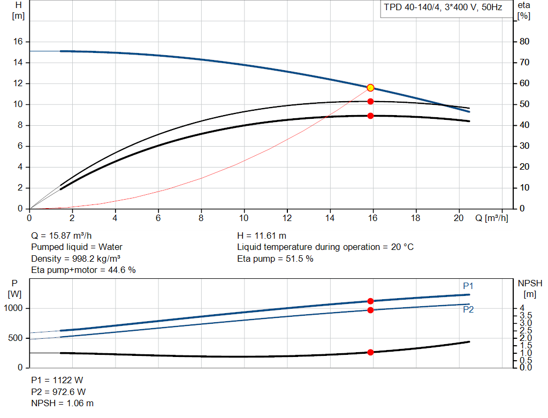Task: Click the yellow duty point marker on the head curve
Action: coord(370,88)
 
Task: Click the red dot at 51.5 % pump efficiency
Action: coord(370,102)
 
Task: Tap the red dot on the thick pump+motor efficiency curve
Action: coord(370,116)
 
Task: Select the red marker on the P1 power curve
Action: coord(370,301)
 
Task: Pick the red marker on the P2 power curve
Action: coord(370,310)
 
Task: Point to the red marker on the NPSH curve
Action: coord(370,352)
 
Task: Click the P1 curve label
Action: coord(468,286)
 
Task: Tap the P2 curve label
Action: coord(468,309)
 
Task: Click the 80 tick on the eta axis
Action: coord(524,42)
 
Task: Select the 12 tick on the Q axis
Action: coord(287,218)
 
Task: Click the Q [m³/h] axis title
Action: coord(491,218)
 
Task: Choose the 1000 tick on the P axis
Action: coord(14,308)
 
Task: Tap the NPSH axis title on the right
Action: coord(529,283)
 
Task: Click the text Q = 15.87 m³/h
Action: coord(65,235)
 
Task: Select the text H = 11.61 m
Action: coord(261,235)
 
